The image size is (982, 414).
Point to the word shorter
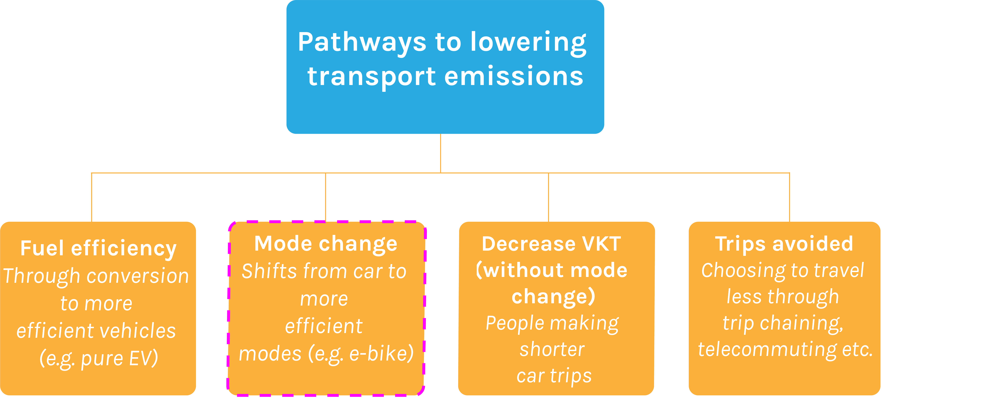552,349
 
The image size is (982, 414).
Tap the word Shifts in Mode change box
269,271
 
